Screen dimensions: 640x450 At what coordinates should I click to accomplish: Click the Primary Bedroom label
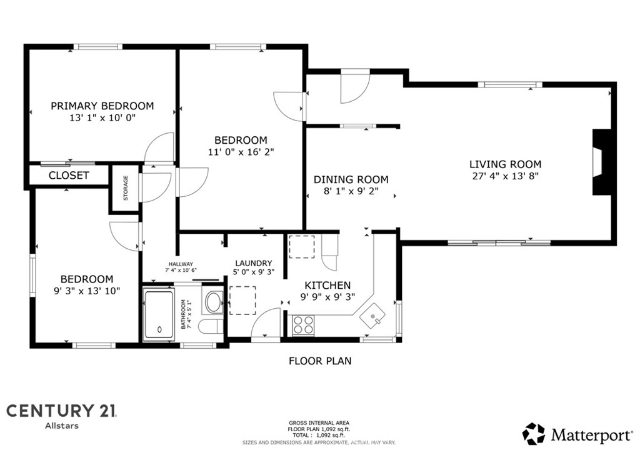[x=102, y=106]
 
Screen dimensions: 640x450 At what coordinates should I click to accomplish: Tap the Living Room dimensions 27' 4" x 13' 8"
[x=505, y=176]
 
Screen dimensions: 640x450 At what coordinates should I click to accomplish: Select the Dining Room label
[x=351, y=179]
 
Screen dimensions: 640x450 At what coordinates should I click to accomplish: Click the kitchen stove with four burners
[x=303, y=325]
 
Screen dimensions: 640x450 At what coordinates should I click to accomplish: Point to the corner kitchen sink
[x=372, y=316]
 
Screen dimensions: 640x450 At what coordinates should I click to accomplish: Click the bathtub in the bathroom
[x=159, y=315]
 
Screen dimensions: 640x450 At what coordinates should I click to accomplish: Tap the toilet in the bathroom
[x=211, y=327]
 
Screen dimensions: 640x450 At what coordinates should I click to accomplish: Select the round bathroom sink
[x=213, y=302]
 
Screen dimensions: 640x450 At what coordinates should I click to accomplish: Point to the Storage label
[x=126, y=188]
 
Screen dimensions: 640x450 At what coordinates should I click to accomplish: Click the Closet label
[x=69, y=176]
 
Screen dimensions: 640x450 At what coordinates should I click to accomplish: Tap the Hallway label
[x=181, y=264]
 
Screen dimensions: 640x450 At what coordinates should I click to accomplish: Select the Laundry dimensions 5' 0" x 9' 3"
[x=254, y=271]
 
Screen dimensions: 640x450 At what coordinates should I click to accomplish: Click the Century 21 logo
[x=62, y=411]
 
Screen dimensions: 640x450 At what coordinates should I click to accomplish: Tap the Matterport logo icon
[x=534, y=434]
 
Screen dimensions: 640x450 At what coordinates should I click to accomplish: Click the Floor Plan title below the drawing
[x=320, y=361]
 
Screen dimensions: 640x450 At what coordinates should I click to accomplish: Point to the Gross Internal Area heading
[x=319, y=423]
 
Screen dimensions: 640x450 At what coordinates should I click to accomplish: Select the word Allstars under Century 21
[x=62, y=426]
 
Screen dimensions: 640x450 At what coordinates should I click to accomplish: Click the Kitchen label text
[x=327, y=285]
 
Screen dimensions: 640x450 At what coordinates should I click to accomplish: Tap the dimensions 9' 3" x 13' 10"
[x=87, y=291]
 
